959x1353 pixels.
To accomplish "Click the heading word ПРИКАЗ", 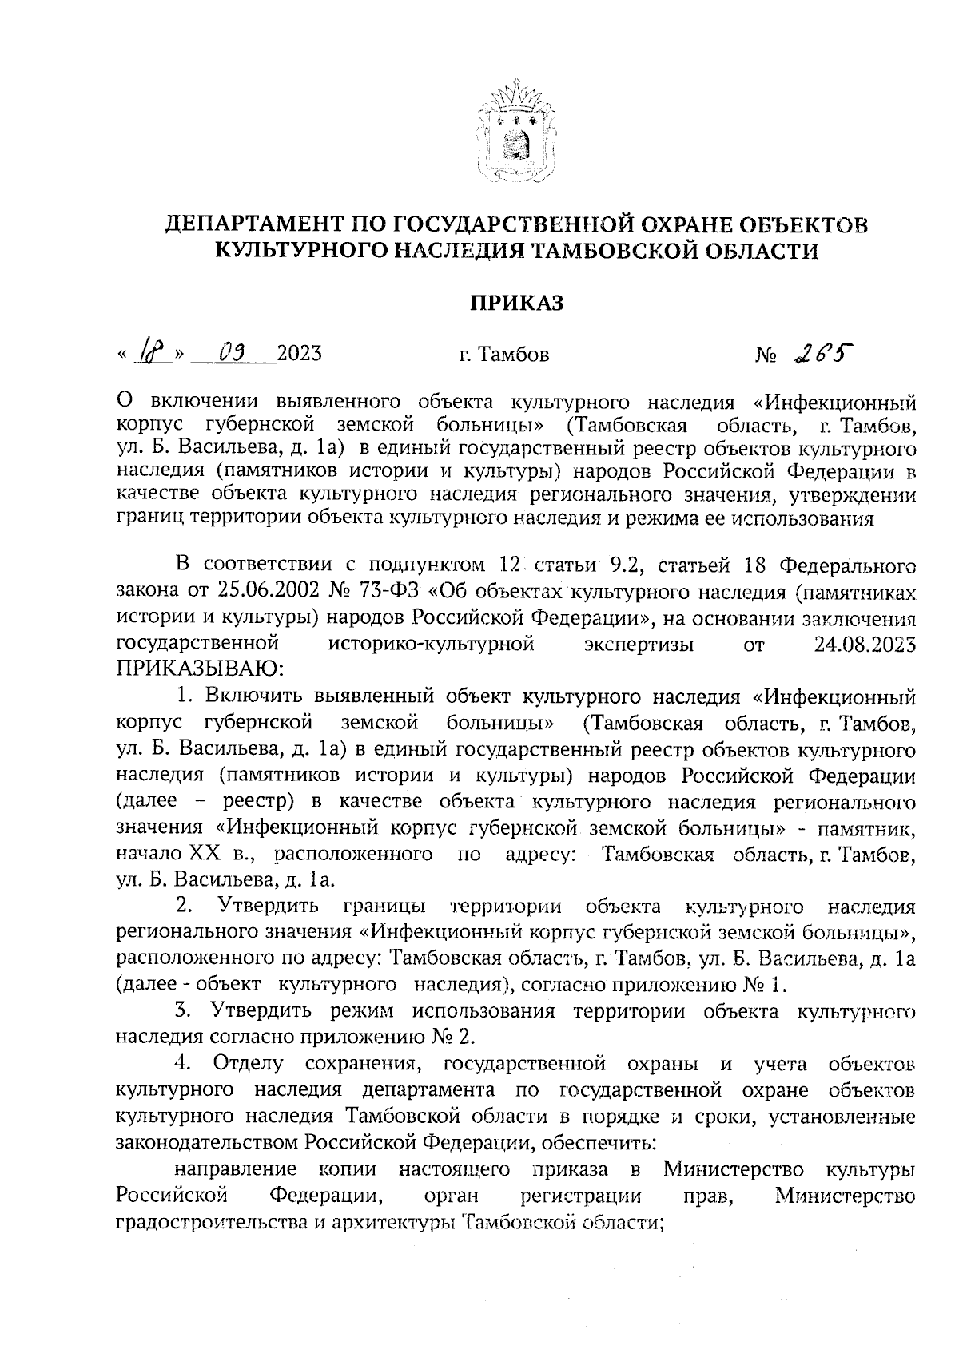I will (516, 303).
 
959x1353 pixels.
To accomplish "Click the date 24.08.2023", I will (864, 644).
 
